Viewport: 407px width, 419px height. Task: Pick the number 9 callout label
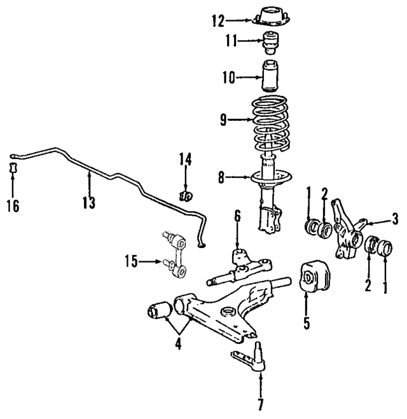tap(223, 119)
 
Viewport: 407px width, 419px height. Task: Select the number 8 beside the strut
tap(221, 179)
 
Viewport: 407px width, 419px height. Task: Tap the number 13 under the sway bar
tap(88, 202)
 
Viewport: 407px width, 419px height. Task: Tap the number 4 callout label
tap(178, 345)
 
